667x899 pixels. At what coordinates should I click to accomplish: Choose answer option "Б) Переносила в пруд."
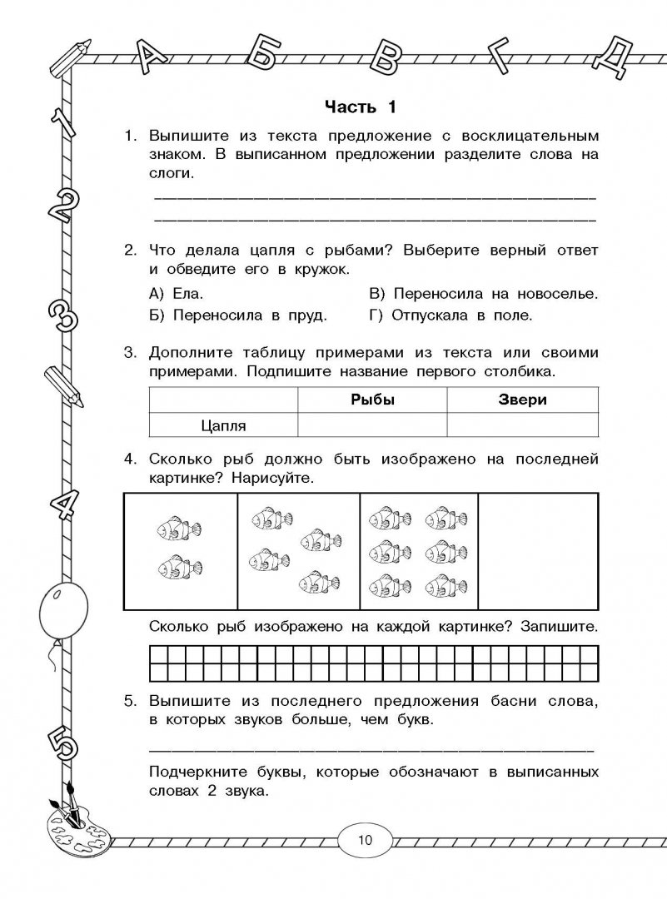click(x=238, y=316)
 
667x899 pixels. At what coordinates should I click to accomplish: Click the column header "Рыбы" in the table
click(x=371, y=400)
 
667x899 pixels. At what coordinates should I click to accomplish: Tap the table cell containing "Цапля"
click(x=223, y=425)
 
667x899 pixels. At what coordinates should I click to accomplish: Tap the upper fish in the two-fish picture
click(x=172, y=526)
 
